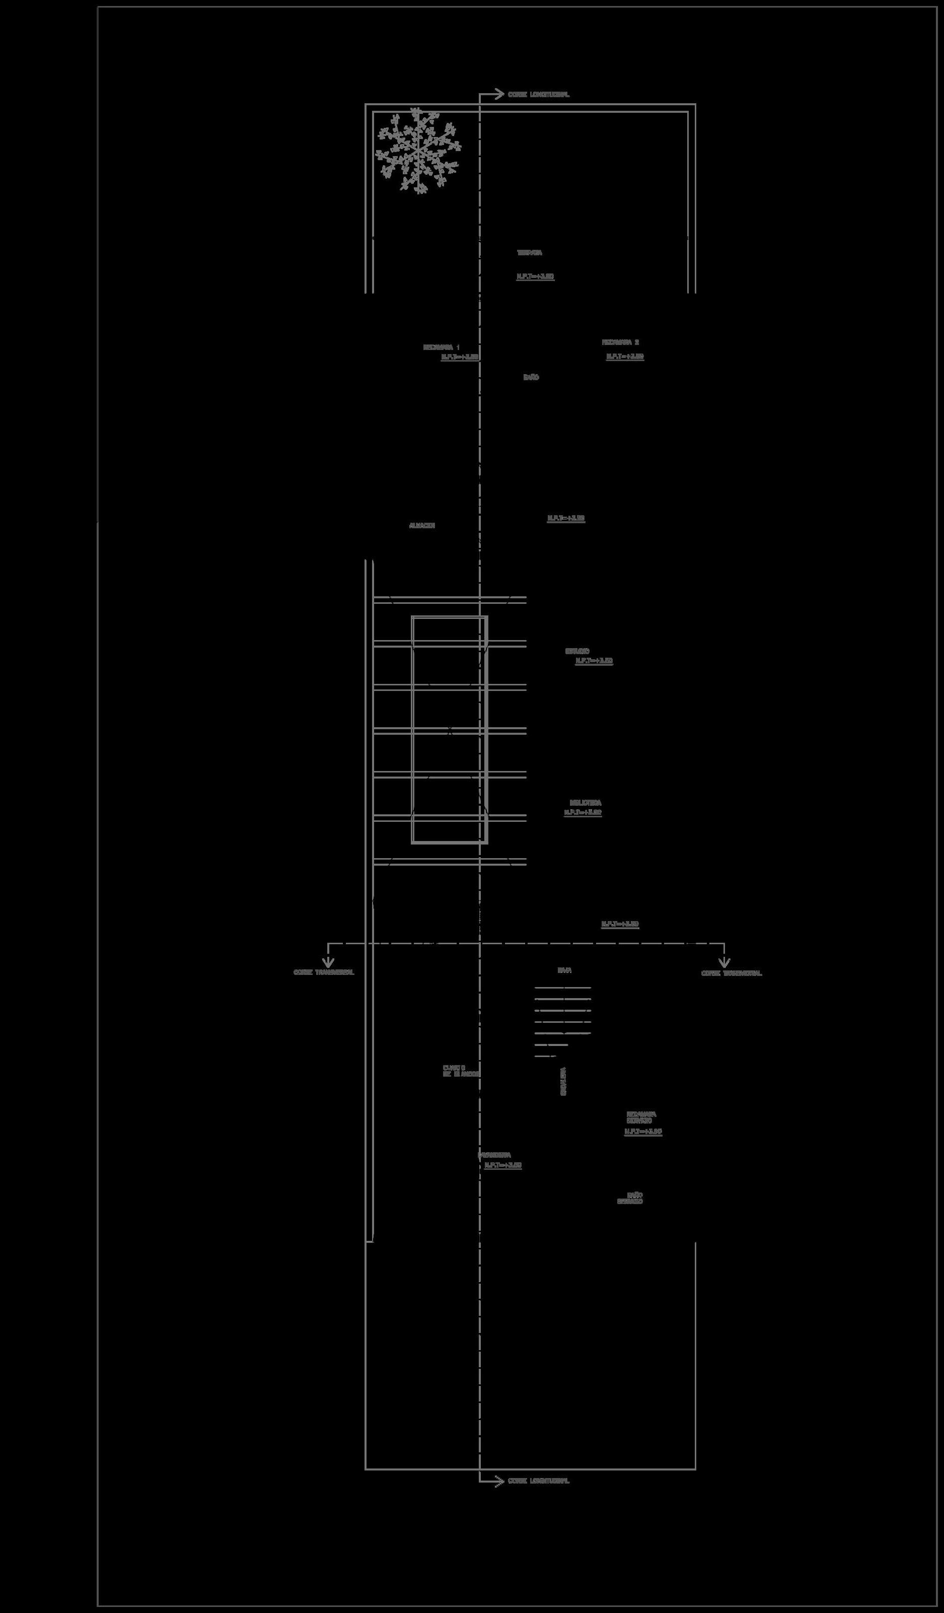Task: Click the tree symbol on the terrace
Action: (417, 151)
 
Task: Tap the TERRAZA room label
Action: (529, 253)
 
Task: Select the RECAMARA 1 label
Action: (441, 347)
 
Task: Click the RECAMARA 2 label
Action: (620, 342)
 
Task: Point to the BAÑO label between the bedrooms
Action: (531, 378)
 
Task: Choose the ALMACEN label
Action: (422, 526)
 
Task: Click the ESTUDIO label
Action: (576, 651)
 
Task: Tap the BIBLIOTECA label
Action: (585, 803)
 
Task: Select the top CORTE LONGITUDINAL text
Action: (538, 95)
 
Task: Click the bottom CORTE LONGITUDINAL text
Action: (538, 1481)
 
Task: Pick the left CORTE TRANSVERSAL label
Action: (324, 972)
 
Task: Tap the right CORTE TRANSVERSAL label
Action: (732, 973)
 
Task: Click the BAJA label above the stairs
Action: (564, 970)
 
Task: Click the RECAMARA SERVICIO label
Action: (640, 1117)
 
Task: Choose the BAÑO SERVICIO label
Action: (630, 1198)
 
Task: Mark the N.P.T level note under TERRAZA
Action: (535, 276)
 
